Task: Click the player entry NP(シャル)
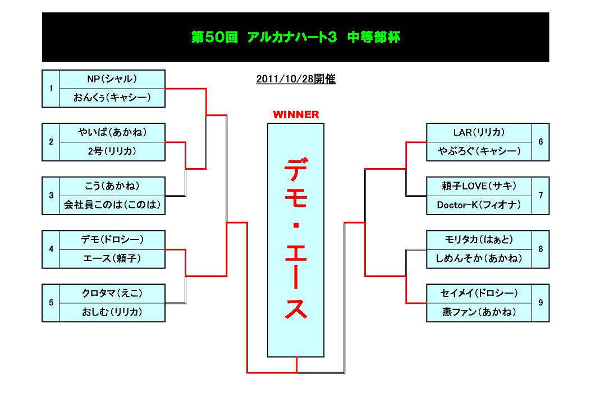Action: tap(112, 79)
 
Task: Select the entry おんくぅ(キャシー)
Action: tap(112, 98)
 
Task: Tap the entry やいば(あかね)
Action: tap(112, 133)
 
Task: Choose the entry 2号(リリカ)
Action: tap(112, 151)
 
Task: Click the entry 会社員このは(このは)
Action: tap(112, 205)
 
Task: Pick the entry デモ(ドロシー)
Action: tap(112, 240)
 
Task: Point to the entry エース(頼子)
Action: tap(112, 258)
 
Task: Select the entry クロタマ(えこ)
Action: tap(112, 294)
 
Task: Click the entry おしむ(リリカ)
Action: tap(112, 312)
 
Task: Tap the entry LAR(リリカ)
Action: tap(479, 133)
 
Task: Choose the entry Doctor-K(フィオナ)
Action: tap(479, 205)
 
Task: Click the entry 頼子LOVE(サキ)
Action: tap(479, 187)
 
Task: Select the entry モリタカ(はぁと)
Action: tap(479, 240)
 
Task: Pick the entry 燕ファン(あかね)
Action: tap(479, 312)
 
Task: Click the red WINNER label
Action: tap(296, 115)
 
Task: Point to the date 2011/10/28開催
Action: tap(296, 80)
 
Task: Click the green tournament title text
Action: tap(296, 38)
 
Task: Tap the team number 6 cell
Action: tap(540, 142)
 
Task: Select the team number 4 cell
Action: tap(51, 249)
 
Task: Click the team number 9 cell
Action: tap(540, 303)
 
